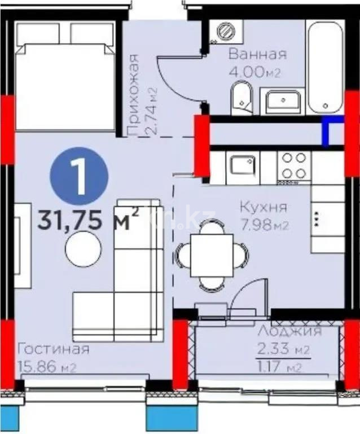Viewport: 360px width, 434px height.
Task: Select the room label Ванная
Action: (x=257, y=55)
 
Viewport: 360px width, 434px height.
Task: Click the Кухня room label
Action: (x=264, y=207)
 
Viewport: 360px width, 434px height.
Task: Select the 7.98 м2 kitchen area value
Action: (x=265, y=226)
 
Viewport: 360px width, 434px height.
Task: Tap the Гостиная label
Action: (x=53, y=349)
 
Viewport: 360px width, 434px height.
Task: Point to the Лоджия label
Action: (x=289, y=331)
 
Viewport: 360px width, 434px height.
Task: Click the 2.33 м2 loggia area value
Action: (x=283, y=350)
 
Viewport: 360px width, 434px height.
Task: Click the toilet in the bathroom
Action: (x=242, y=97)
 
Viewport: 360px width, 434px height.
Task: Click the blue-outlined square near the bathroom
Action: (x=333, y=132)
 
